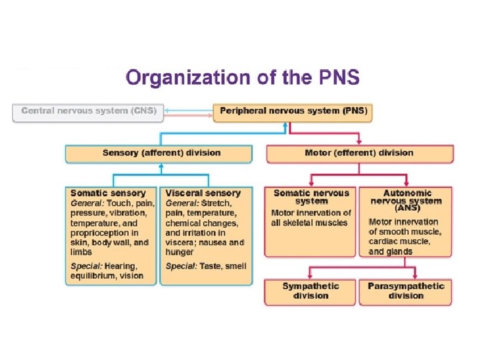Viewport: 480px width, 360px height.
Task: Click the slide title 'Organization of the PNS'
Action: coord(243,78)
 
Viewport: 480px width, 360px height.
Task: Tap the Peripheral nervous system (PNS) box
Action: coord(293,111)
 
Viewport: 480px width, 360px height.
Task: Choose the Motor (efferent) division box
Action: coord(359,153)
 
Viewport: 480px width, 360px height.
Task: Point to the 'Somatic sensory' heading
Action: coord(108,193)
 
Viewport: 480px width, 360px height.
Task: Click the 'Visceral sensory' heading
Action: coord(203,193)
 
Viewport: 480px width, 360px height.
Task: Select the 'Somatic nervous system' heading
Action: coord(311,197)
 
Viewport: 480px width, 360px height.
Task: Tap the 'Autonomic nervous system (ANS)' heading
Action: coord(406,200)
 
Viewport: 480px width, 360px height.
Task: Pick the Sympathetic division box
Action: coord(311,291)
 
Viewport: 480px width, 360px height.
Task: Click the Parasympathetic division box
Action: coord(406,291)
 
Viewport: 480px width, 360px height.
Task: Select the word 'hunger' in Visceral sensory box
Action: coord(180,253)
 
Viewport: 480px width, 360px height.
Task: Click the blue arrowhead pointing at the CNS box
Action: coord(168,107)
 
